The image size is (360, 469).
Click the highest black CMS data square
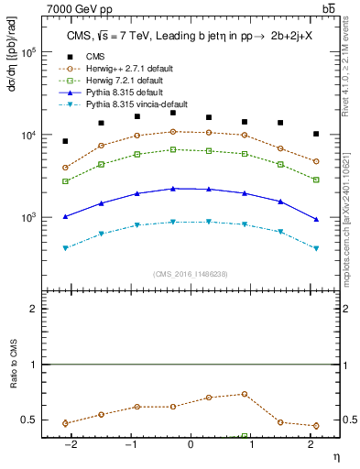tap(173, 113)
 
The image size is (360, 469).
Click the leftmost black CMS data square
tap(65, 141)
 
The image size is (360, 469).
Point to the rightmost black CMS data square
tap(316, 134)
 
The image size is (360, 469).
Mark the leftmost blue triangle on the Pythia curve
tap(65, 217)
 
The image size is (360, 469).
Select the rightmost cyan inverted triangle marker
tap(316, 248)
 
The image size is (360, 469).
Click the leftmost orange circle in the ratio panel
tap(65, 423)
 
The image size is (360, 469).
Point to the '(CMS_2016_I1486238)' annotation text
tap(191, 274)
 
